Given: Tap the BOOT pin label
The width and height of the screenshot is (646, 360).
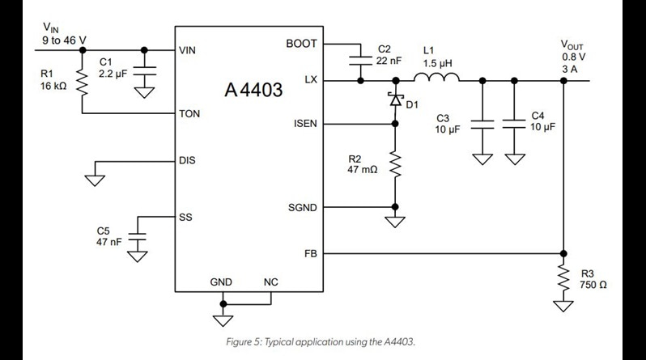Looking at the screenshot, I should [301, 44].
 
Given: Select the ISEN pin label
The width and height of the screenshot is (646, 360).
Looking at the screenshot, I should [303, 124].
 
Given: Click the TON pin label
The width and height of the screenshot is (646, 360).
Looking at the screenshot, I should [189, 114].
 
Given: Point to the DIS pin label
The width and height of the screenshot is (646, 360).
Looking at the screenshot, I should [187, 160].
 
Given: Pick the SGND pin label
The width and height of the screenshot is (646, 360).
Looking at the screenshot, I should [302, 208].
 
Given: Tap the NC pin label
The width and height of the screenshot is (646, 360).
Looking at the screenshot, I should [270, 282].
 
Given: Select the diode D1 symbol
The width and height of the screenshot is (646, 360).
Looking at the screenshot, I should [395, 100].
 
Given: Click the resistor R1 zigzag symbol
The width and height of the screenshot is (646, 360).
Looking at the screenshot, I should [82, 83].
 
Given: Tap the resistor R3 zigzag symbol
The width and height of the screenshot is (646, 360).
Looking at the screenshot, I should [563, 278].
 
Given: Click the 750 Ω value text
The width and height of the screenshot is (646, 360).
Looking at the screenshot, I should [593, 285].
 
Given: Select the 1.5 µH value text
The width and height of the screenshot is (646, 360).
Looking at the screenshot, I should [436, 61].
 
